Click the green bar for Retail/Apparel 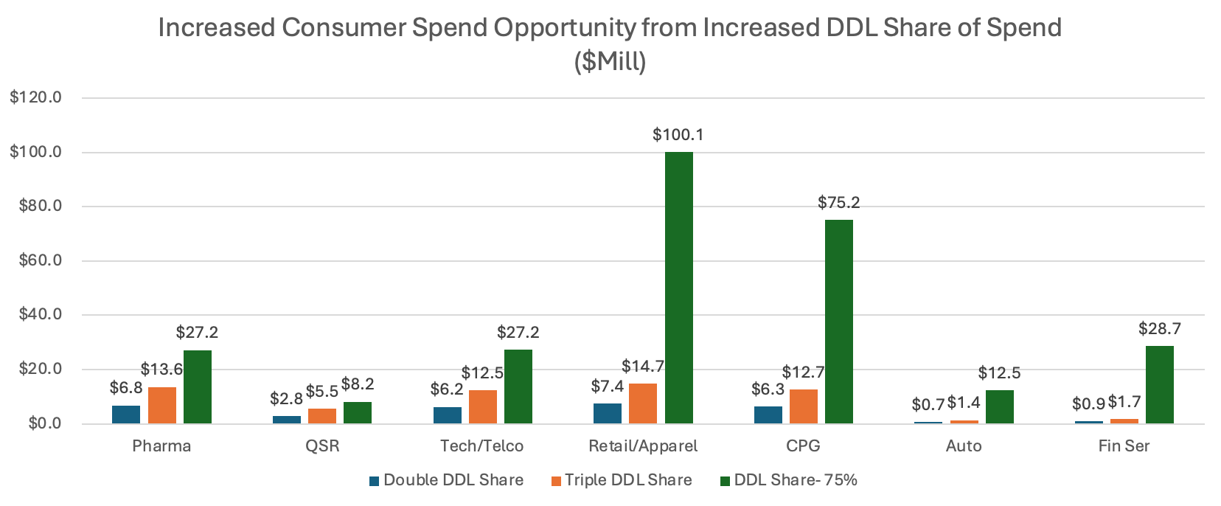(x=678, y=288)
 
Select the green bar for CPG (x=839, y=322)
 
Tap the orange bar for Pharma (x=162, y=405)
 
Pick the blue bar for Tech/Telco (x=447, y=415)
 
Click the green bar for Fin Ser (x=1160, y=384)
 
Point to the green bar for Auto (x=999, y=406)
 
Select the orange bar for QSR (x=322, y=416)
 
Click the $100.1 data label (x=678, y=134)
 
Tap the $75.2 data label (x=839, y=202)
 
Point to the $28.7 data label (x=1159, y=328)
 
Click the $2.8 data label (x=286, y=399)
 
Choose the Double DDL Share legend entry (x=447, y=480)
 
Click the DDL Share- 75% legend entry (x=789, y=480)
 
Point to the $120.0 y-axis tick (x=35, y=97)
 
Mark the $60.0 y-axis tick (x=39, y=260)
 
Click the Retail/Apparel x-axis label (x=642, y=446)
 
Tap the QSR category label (x=322, y=446)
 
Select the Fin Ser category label (x=1124, y=446)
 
